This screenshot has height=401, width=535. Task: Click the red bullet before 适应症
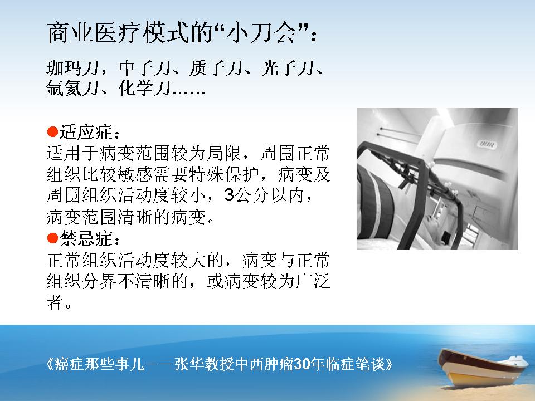[52, 132]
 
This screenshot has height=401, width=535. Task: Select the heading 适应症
[86, 132]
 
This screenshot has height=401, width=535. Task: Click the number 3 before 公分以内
[229, 195]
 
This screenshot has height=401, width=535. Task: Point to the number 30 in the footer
[301, 364]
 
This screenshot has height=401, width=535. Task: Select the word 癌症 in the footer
[69, 364]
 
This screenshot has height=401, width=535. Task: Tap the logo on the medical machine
[488, 144]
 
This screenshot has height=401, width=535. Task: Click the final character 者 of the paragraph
[55, 302]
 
